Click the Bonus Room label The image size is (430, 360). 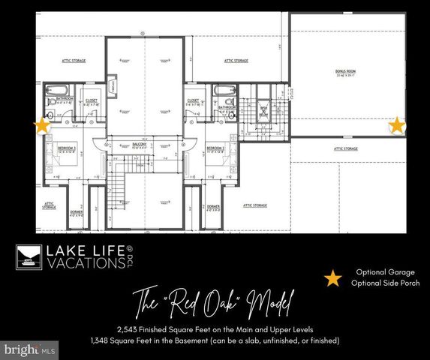pyautogui.click(x=344, y=72)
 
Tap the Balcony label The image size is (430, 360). pyautogui.click(x=139, y=144)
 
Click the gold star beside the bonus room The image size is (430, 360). pyautogui.click(x=395, y=126)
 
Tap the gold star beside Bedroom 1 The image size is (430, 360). pyautogui.click(x=42, y=126)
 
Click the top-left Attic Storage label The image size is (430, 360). pyautogui.click(x=73, y=60)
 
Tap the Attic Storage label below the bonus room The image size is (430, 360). pyautogui.click(x=346, y=149)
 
